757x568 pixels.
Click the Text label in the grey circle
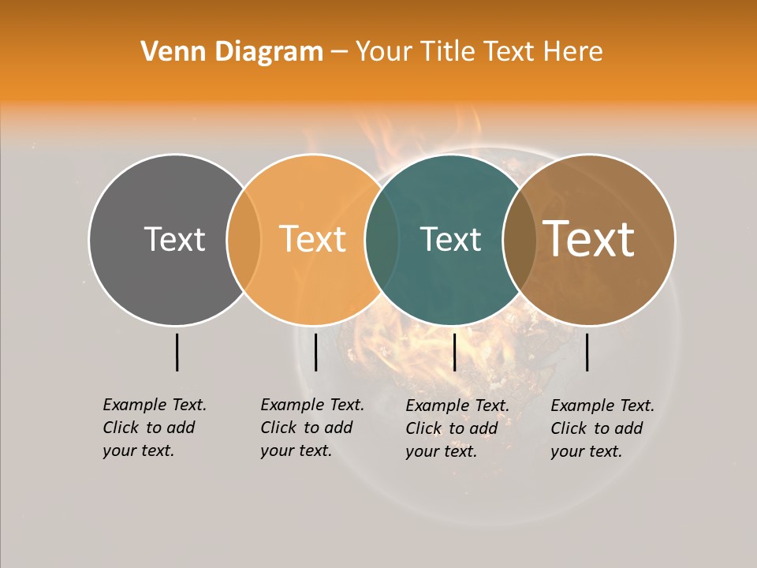point(174,239)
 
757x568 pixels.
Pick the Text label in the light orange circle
point(313,239)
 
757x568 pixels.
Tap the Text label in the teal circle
point(450,239)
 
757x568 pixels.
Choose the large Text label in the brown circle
point(589,239)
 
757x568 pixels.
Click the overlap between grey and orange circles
point(244,240)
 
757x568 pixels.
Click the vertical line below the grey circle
point(177,352)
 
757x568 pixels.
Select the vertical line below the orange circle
point(315,352)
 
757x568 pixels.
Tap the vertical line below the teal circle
point(454,352)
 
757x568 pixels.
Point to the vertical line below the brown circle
point(587,352)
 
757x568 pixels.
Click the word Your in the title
point(384,52)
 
